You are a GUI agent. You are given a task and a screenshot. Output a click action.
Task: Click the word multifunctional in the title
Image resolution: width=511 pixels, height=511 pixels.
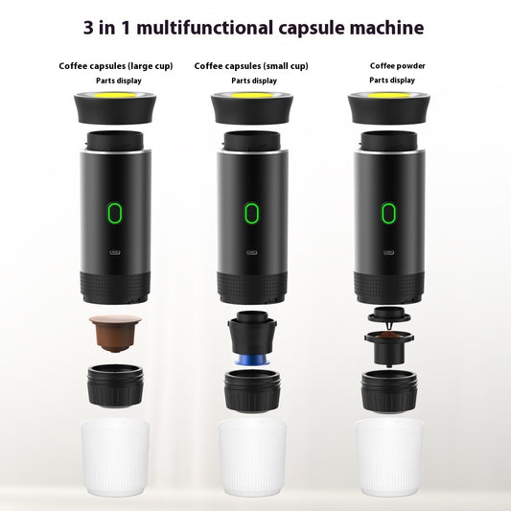210,27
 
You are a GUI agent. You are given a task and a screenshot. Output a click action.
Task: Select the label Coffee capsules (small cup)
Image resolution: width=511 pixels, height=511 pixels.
251,66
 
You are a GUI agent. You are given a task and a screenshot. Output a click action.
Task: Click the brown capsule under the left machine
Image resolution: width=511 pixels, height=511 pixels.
115,331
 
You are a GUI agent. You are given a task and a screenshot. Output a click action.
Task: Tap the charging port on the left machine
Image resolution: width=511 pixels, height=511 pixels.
115,256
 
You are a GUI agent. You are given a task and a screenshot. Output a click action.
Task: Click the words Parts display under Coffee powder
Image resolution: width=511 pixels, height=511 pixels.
391,81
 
